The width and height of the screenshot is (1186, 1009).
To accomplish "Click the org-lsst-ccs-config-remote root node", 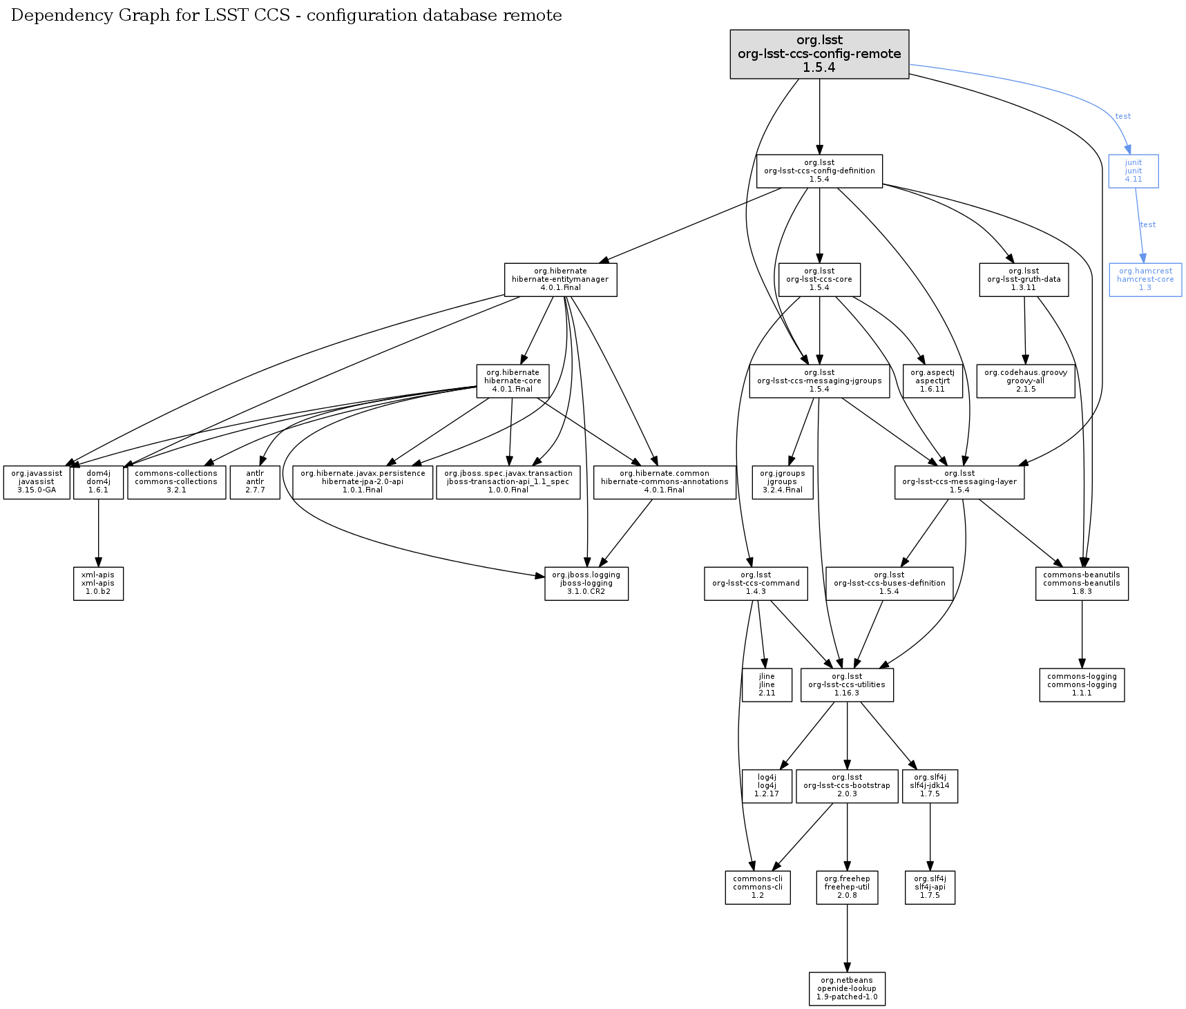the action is (x=819, y=54).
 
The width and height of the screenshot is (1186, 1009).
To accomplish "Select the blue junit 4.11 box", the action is (x=1134, y=171).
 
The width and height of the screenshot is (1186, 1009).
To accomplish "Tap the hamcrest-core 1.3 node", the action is (x=1145, y=280).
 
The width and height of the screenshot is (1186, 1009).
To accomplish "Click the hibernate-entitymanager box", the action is (x=560, y=280).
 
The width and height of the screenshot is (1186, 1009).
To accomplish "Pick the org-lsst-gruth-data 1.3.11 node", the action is (x=1024, y=280).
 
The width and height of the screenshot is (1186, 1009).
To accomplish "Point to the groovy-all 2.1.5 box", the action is (x=1026, y=381).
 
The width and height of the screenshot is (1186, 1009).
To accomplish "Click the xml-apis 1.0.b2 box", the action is (x=98, y=584).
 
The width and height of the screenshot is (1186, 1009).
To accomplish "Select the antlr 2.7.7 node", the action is (x=255, y=482).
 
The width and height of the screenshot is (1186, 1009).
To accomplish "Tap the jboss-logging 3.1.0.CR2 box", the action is (x=586, y=584).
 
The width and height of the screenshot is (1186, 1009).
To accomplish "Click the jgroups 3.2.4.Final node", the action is (x=783, y=482).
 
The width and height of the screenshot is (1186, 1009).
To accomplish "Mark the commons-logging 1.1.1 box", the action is (x=1082, y=685).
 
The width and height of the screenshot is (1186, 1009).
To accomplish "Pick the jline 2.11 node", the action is (x=767, y=685).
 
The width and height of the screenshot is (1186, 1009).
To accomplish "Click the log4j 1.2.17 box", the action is (x=767, y=786).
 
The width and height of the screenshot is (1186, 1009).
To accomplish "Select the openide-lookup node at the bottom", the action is (x=847, y=989).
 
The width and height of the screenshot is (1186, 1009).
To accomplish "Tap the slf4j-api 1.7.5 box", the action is (x=930, y=887).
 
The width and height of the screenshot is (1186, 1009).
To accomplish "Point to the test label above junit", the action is (x=1123, y=116).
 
